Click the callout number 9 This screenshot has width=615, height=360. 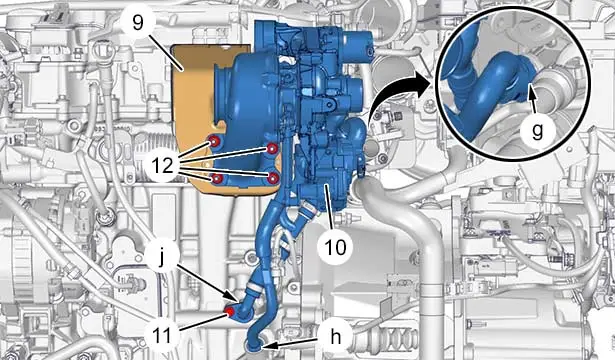coord(138,23)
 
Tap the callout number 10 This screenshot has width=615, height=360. coord(335,247)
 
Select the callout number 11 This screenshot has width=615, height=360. coord(162,335)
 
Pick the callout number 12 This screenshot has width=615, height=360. coord(163,165)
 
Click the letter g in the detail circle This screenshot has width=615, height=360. coord(537,131)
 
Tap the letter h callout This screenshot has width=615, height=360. coord(336,337)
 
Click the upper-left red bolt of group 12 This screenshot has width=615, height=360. coord(215,142)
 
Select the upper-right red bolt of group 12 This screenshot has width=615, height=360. coord(272,148)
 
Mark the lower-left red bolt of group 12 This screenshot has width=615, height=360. coord(217,179)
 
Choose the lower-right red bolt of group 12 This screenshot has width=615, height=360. coord(273,178)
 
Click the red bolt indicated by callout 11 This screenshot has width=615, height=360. coord(229,312)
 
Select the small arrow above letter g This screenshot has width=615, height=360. coord(532,99)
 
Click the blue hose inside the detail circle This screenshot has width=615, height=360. coord(486,90)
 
